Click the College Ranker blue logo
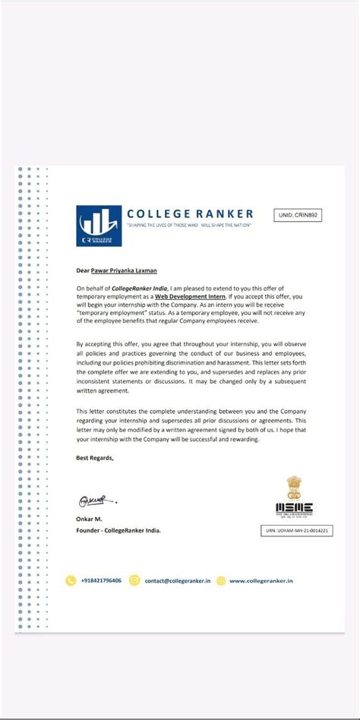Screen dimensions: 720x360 pos(99,226)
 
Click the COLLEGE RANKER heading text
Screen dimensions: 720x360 pos(190,214)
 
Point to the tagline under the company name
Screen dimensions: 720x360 pos(188,226)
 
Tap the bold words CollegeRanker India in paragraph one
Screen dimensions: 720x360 pos(139,288)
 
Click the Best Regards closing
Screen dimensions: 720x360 pos(95,457)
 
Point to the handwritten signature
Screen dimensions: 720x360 pos(96,502)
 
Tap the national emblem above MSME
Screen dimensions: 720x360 pos(294,486)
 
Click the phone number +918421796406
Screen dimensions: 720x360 pos(101,580)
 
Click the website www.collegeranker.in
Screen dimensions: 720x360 pos(261,581)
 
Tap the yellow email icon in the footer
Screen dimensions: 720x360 pos(135,581)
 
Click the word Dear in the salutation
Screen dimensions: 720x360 pos(83,269)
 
